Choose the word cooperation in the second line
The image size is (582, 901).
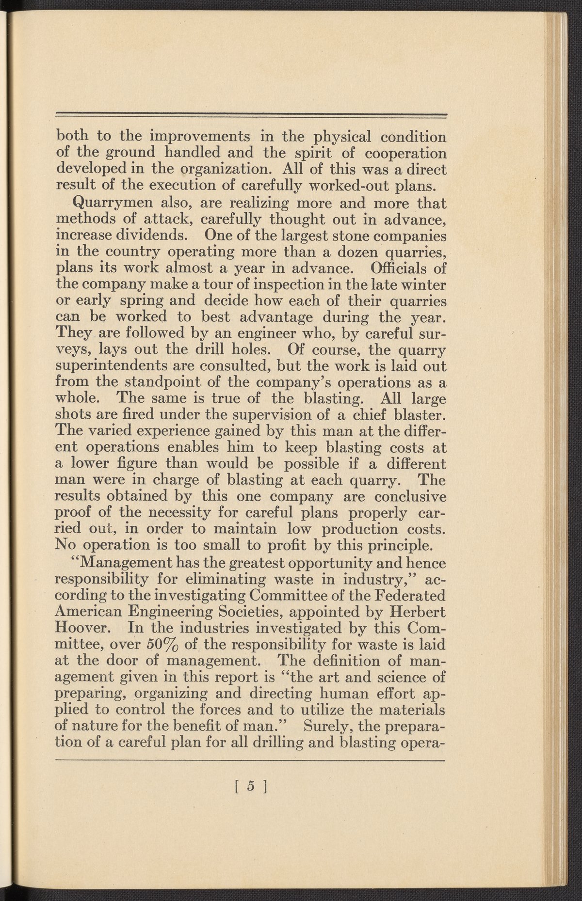(x=405, y=154)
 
